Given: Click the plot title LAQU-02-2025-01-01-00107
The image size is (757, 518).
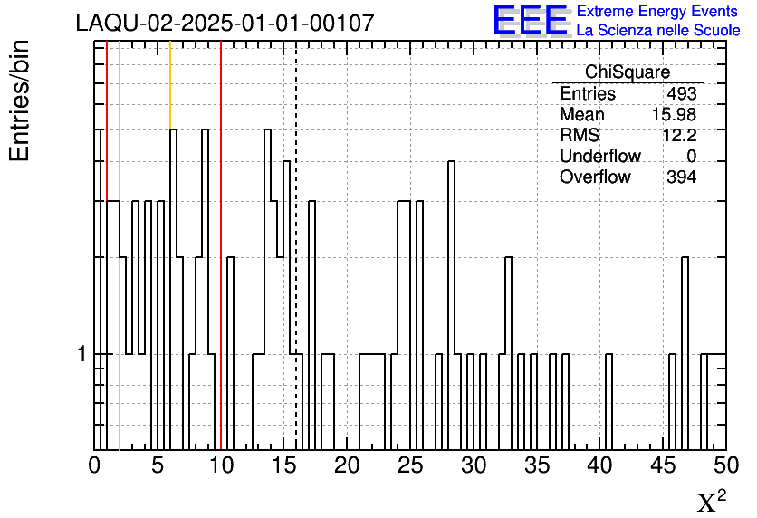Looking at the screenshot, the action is pyautogui.click(x=225, y=23).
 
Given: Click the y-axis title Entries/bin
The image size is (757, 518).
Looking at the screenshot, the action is pyautogui.click(x=20, y=101).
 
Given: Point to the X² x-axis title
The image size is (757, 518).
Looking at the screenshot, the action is pyautogui.click(x=712, y=501).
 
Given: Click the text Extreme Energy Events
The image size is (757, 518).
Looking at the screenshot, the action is pyautogui.click(x=657, y=11).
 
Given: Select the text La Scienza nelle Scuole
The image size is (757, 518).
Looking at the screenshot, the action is pyautogui.click(x=658, y=31).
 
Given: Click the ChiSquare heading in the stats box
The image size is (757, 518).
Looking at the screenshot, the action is pyautogui.click(x=628, y=72).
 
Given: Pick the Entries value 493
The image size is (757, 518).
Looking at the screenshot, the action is pyautogui.click(x=682, y=93).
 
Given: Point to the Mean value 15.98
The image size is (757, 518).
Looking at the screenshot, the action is pyautogui.click(x=674, y=114).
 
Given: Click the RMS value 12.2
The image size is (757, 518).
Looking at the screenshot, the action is pyautogui.click(x=679, y=135).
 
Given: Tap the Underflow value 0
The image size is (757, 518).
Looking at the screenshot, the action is pyautogui.click(x=691, y=156).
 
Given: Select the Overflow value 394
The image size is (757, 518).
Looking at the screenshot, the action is pyautogui.click(x=682, y=177).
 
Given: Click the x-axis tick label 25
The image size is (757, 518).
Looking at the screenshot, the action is pyautogui.click(x=410, y=465).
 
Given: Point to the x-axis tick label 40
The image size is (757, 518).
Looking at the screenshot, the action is pyautogui.click(x=600, y=465).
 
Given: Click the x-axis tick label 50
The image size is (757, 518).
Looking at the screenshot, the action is pyautogui.click(x=726, y=465).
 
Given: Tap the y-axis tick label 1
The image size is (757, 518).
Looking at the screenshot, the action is pyautogui.click(x=82, y=354).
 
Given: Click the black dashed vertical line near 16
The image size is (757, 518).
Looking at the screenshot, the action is pyautogui.click(x=296, y=245).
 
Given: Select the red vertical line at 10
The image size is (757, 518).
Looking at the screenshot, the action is pyautogui.click(x=221, y=245).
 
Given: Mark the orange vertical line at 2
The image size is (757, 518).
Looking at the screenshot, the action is pyautogui.click(x=120, y=245).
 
